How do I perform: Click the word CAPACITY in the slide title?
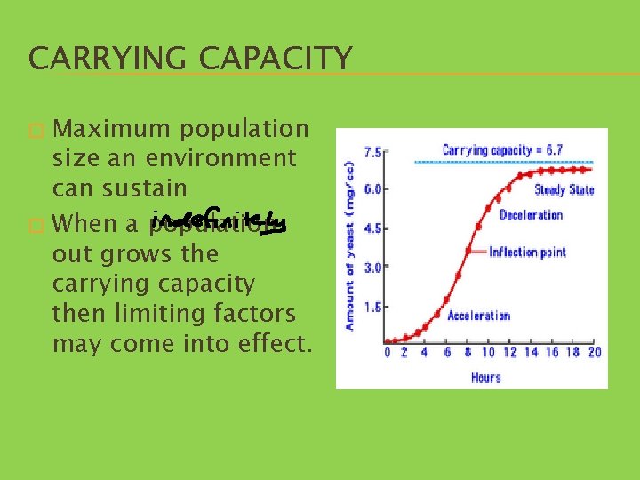276,59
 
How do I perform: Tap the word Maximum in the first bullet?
112,129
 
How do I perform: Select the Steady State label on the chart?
564,189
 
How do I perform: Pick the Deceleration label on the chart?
531,215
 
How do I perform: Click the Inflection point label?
527,252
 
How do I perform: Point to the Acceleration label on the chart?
478,316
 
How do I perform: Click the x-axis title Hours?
486,377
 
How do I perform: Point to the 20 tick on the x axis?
594,353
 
